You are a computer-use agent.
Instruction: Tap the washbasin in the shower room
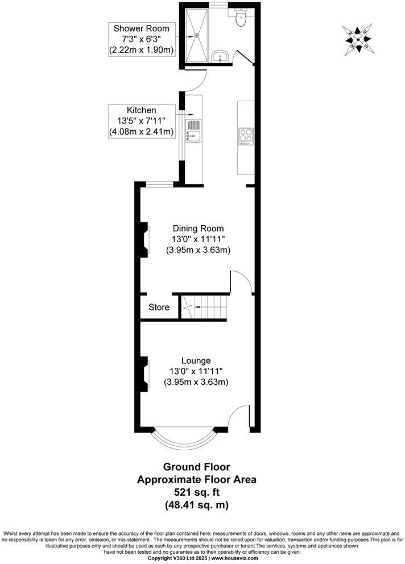pos(220,56)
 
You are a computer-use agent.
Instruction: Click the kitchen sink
pos(193,130)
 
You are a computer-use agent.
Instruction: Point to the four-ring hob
pos(245,136)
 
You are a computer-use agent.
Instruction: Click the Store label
pos(159,308)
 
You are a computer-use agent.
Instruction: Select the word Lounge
pos(196,360)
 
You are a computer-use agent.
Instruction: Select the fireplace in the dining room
pos(146,239)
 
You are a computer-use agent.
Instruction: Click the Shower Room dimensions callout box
pos(142,39)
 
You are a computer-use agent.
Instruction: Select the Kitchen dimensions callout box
pos(142,121)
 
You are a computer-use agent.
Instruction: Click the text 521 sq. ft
pos(197,492)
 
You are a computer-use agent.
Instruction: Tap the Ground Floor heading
pos(197,467)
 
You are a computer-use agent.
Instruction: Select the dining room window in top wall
pos(160,183)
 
